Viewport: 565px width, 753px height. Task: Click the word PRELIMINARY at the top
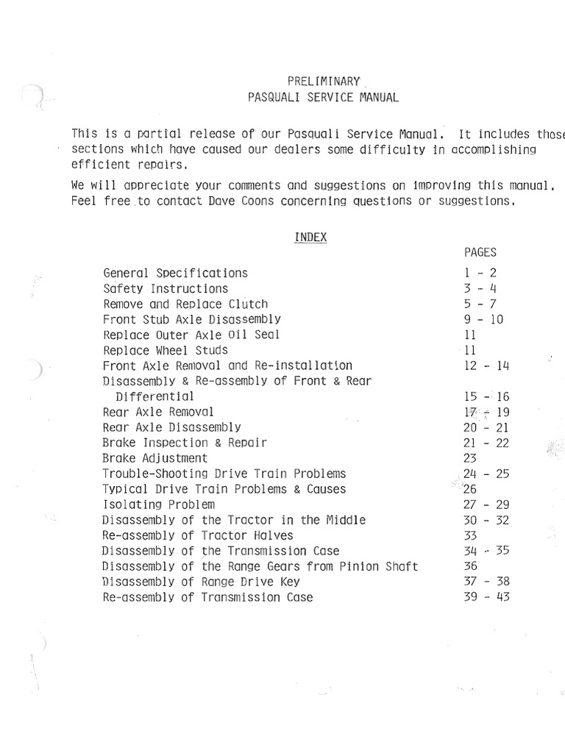point(323,81)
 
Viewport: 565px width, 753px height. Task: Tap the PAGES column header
point(480,252)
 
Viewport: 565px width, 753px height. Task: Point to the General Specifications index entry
point(175,273)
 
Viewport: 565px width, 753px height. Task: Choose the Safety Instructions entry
point(166,288)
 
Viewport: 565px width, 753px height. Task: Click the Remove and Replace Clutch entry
point(185,304)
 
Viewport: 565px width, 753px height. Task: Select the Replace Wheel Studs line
point(166,350)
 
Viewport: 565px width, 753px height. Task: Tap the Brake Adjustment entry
point(155,458)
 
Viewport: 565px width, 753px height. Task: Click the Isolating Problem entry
point(159,504)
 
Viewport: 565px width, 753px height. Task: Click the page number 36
point(472,566)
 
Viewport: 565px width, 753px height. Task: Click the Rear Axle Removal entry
point(158,412)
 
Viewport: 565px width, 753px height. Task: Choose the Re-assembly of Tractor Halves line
point(198,535)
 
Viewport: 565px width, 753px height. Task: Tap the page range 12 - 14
point(487,365)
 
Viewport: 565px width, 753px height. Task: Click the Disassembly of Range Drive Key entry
point(202,582)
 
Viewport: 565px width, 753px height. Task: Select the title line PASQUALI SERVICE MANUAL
point(324,96)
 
